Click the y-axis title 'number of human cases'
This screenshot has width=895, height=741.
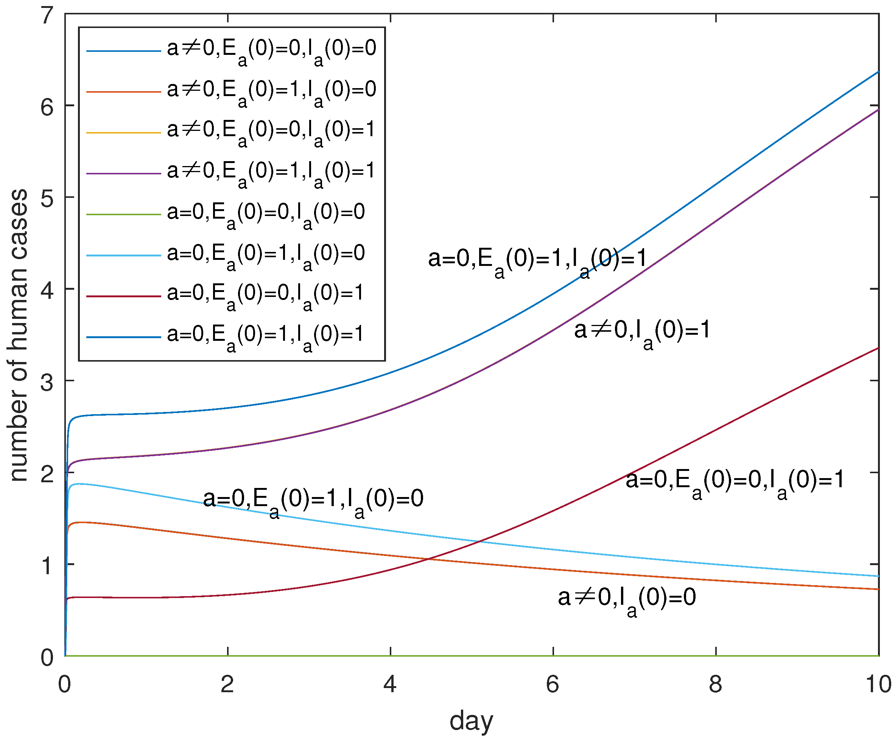click(19, 336)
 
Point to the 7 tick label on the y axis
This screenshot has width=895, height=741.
click(47, 16)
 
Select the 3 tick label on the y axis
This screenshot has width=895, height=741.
click(47, 382)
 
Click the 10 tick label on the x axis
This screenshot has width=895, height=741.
click(878, 684)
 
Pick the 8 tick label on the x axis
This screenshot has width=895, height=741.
click(716, 684)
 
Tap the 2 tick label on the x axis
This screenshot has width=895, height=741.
click(227, 684)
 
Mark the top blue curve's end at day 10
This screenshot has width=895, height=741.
click(878, 72)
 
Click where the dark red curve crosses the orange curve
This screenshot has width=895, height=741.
click(429, 559)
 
